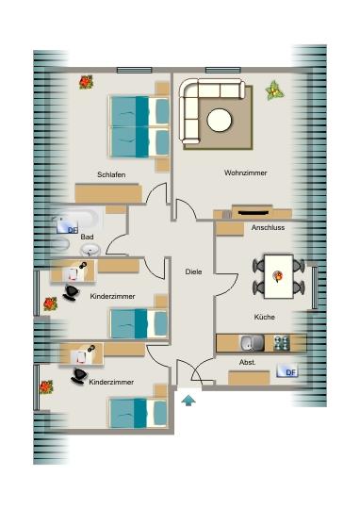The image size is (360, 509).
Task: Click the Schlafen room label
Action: [x=111, y=172]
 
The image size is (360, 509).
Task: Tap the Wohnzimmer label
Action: [x=244, y=172]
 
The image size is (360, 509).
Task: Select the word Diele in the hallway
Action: [x=193, y=271]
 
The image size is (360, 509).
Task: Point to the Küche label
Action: [x=264, y=317]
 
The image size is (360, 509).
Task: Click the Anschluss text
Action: [x=268, y=227]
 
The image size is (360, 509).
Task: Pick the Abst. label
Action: [x=248, y=362]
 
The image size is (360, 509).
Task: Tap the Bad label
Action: [x=88, y=237]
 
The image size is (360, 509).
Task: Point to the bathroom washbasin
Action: [x=91, y=250]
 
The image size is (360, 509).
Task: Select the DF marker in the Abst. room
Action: [x=290, y=372]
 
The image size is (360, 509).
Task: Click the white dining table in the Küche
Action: [x=277, y=275]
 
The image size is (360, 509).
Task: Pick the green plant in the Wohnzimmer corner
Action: [x=275, y=90]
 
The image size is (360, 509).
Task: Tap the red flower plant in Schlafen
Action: [x=86, y=83]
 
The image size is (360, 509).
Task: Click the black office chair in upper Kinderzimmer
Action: [x=71, y=294]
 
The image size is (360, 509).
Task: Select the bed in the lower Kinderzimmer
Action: [x=133, y=412]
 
